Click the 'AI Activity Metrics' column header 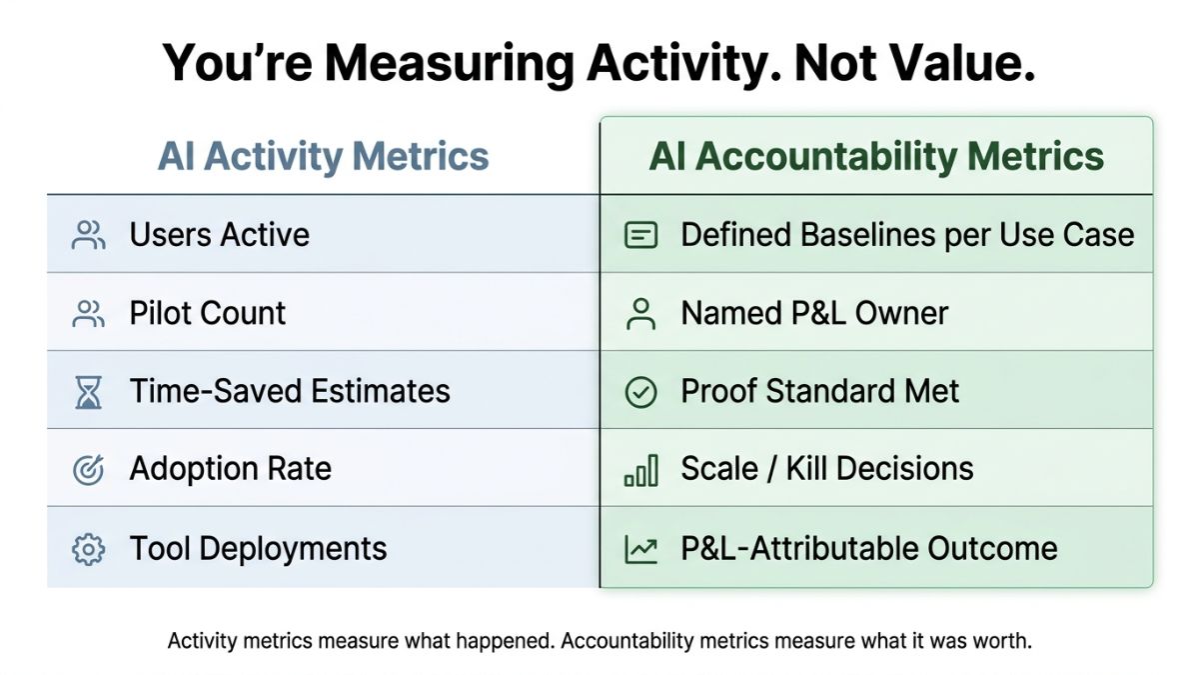324,157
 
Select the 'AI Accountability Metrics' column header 876,157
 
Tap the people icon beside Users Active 89,236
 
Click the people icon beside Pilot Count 89,314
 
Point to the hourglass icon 89,392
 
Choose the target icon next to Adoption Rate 89,469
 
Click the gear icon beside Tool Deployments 89,549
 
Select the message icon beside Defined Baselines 640,236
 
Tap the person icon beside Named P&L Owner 640,314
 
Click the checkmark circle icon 640,392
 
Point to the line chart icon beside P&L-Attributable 640,549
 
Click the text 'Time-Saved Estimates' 290,391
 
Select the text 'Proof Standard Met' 819,391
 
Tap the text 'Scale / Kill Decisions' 827,469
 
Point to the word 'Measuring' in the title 447,64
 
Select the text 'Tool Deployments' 258,548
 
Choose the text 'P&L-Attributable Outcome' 868,548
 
